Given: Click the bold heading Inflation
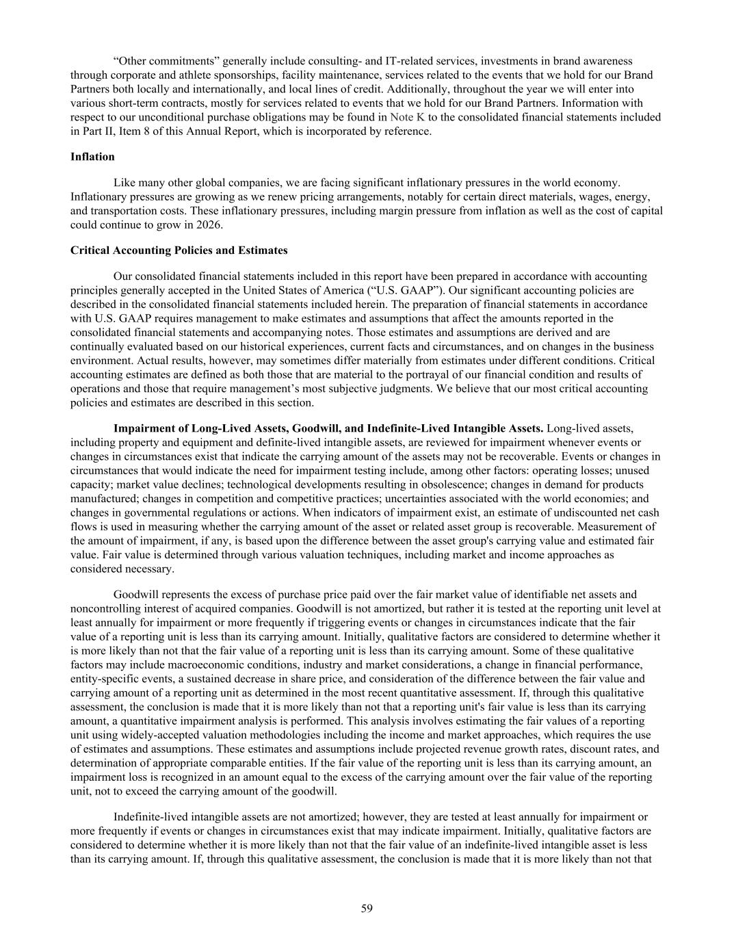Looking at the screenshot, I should coord(92,157).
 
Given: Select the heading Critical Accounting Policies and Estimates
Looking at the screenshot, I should coord(179,250).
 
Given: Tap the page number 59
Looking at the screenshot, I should coord(367,908).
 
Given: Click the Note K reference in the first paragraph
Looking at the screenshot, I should coord(407,117).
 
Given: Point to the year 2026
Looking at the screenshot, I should coord(210,224).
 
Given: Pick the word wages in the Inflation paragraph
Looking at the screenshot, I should coord(575,196).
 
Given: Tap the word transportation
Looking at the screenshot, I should coord(120,211).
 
